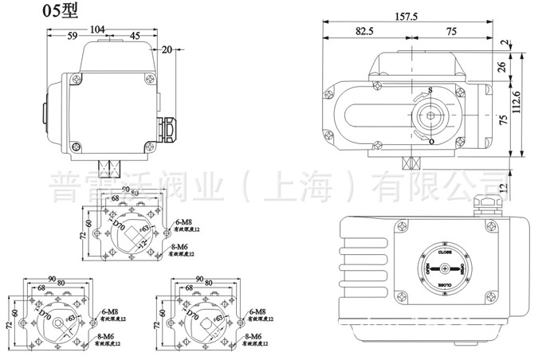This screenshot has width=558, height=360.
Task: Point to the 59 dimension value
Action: click(71, 36)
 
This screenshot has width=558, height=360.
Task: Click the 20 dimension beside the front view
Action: click(167, 49)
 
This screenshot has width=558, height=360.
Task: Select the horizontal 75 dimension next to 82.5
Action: click(450, 31)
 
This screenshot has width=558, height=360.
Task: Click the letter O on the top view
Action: click(430, 141)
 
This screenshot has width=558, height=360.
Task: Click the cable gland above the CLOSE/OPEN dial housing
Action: click(483, 205)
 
